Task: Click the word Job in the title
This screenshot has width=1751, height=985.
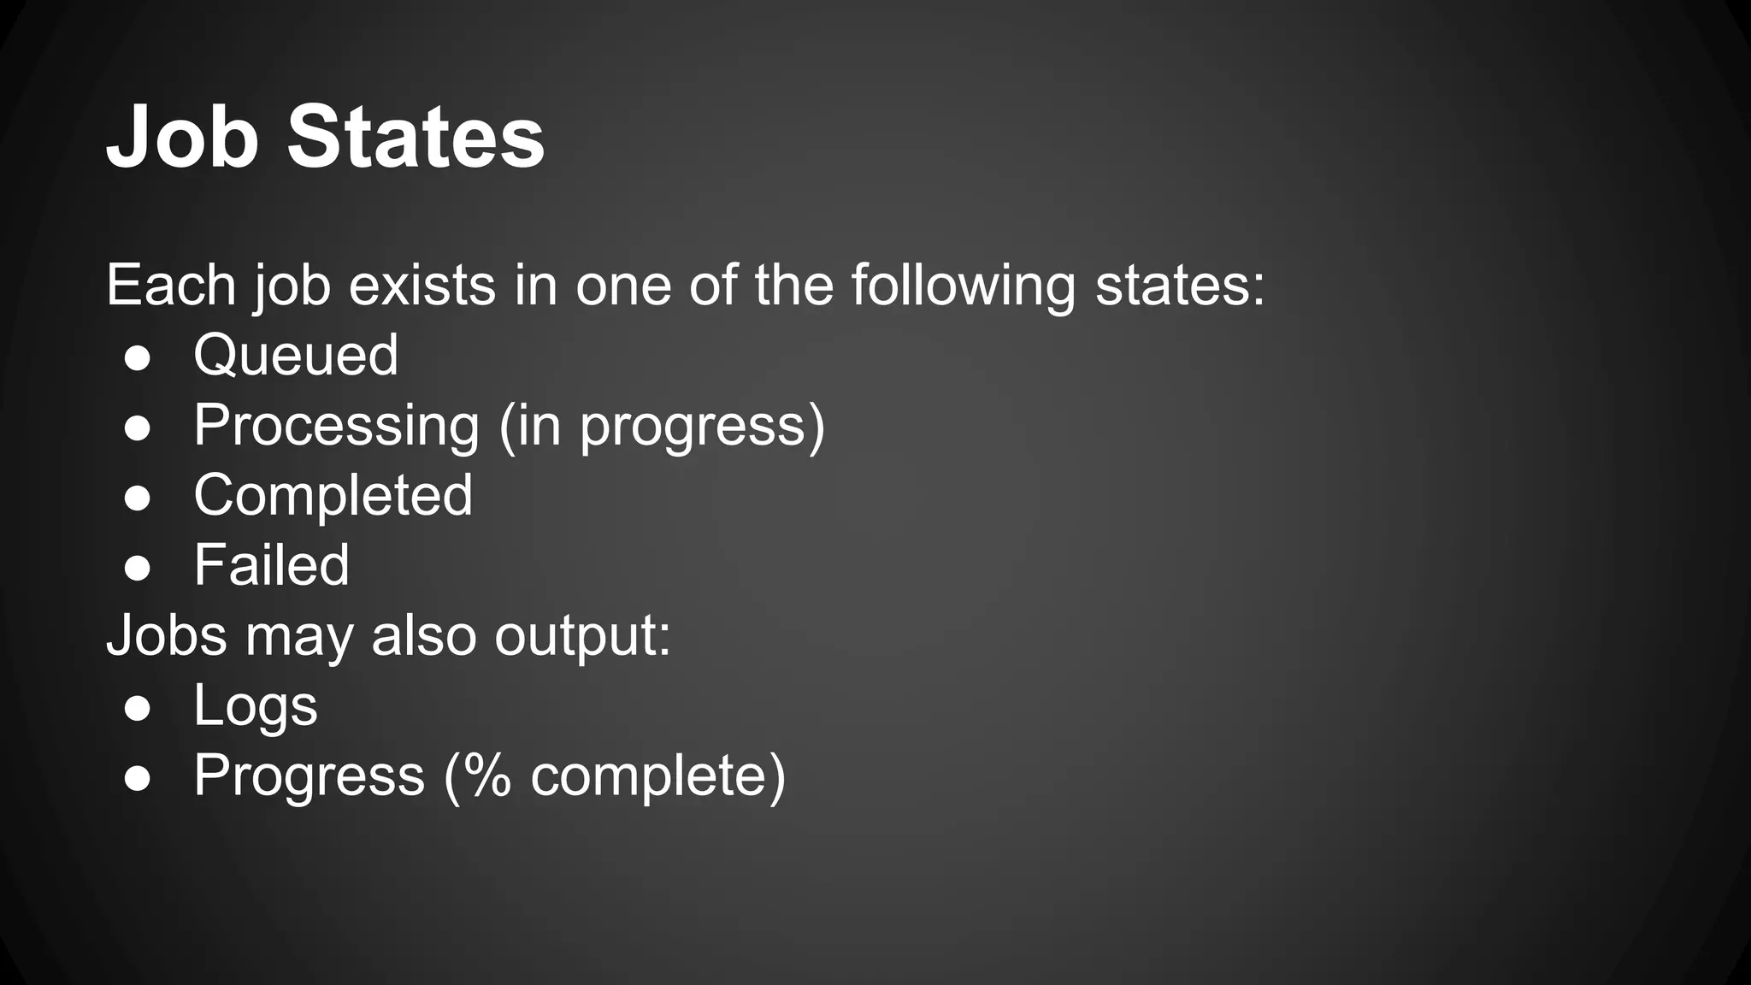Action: point(181,137)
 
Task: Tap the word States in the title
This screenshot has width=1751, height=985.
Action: point(416,137)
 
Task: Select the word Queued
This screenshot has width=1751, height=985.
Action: point(296,355)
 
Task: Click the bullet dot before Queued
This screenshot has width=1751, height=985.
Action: point(138,358)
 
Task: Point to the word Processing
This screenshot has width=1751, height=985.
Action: point(337,425)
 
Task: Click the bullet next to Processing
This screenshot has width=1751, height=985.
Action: point(138,428)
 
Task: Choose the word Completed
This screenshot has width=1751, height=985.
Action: point(333,495)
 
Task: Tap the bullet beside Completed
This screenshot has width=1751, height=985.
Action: point(138,498)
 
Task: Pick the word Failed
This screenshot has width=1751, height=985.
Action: point(271,565)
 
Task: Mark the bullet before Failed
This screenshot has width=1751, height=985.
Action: point(138,569)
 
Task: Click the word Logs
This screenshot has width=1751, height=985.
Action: point(256,706)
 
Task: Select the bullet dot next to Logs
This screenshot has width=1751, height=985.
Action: point(138,709)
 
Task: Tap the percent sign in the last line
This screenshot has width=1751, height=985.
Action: point(486,776)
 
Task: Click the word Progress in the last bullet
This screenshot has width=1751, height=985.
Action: point(309,776)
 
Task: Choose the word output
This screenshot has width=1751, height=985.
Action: point(582,636)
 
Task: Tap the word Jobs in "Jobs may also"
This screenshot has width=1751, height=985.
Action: point(168,635)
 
